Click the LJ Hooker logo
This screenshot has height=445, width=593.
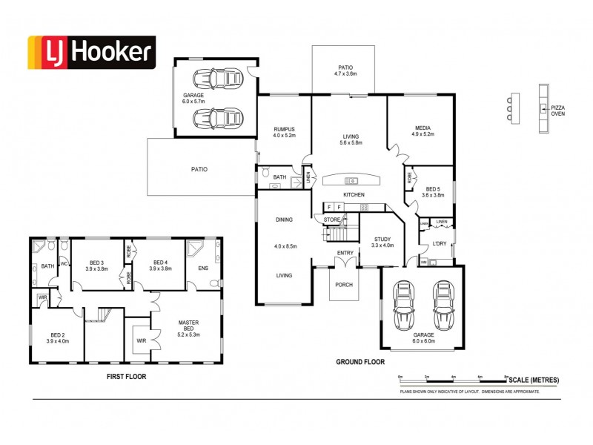[x=92, y=53]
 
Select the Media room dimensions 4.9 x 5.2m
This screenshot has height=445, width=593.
[x=423, y=134]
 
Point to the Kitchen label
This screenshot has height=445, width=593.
[x=354, y=194]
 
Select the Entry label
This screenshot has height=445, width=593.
[x=345, y=254]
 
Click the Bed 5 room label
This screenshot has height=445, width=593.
[x=431, y=190]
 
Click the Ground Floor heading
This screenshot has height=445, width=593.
[x=361, y=362]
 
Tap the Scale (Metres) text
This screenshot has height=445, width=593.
[x=534, y=380]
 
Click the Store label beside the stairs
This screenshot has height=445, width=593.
[x=331, y=219]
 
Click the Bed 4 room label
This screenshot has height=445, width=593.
[x=160, y=263]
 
